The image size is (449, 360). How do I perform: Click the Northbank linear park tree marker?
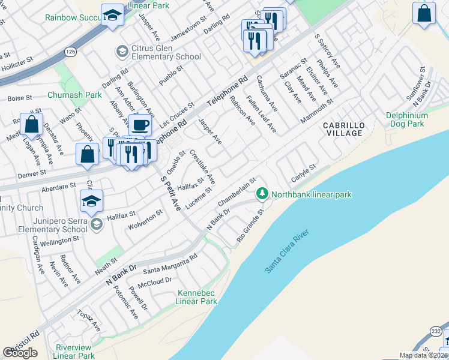[262, 194]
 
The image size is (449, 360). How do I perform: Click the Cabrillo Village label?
[343, 129]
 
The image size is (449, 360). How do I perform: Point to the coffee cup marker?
[140, 125]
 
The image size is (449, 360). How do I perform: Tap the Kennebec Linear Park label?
[197, 297]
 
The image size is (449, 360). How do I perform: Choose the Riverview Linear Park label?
[73, 352]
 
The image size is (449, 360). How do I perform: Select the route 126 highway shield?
[71, 52]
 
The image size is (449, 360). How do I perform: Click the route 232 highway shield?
[436, 331]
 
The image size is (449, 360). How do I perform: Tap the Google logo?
[20, 352]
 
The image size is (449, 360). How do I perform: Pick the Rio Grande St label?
[250, 225]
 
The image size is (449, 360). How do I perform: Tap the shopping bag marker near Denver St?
[88, 154]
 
